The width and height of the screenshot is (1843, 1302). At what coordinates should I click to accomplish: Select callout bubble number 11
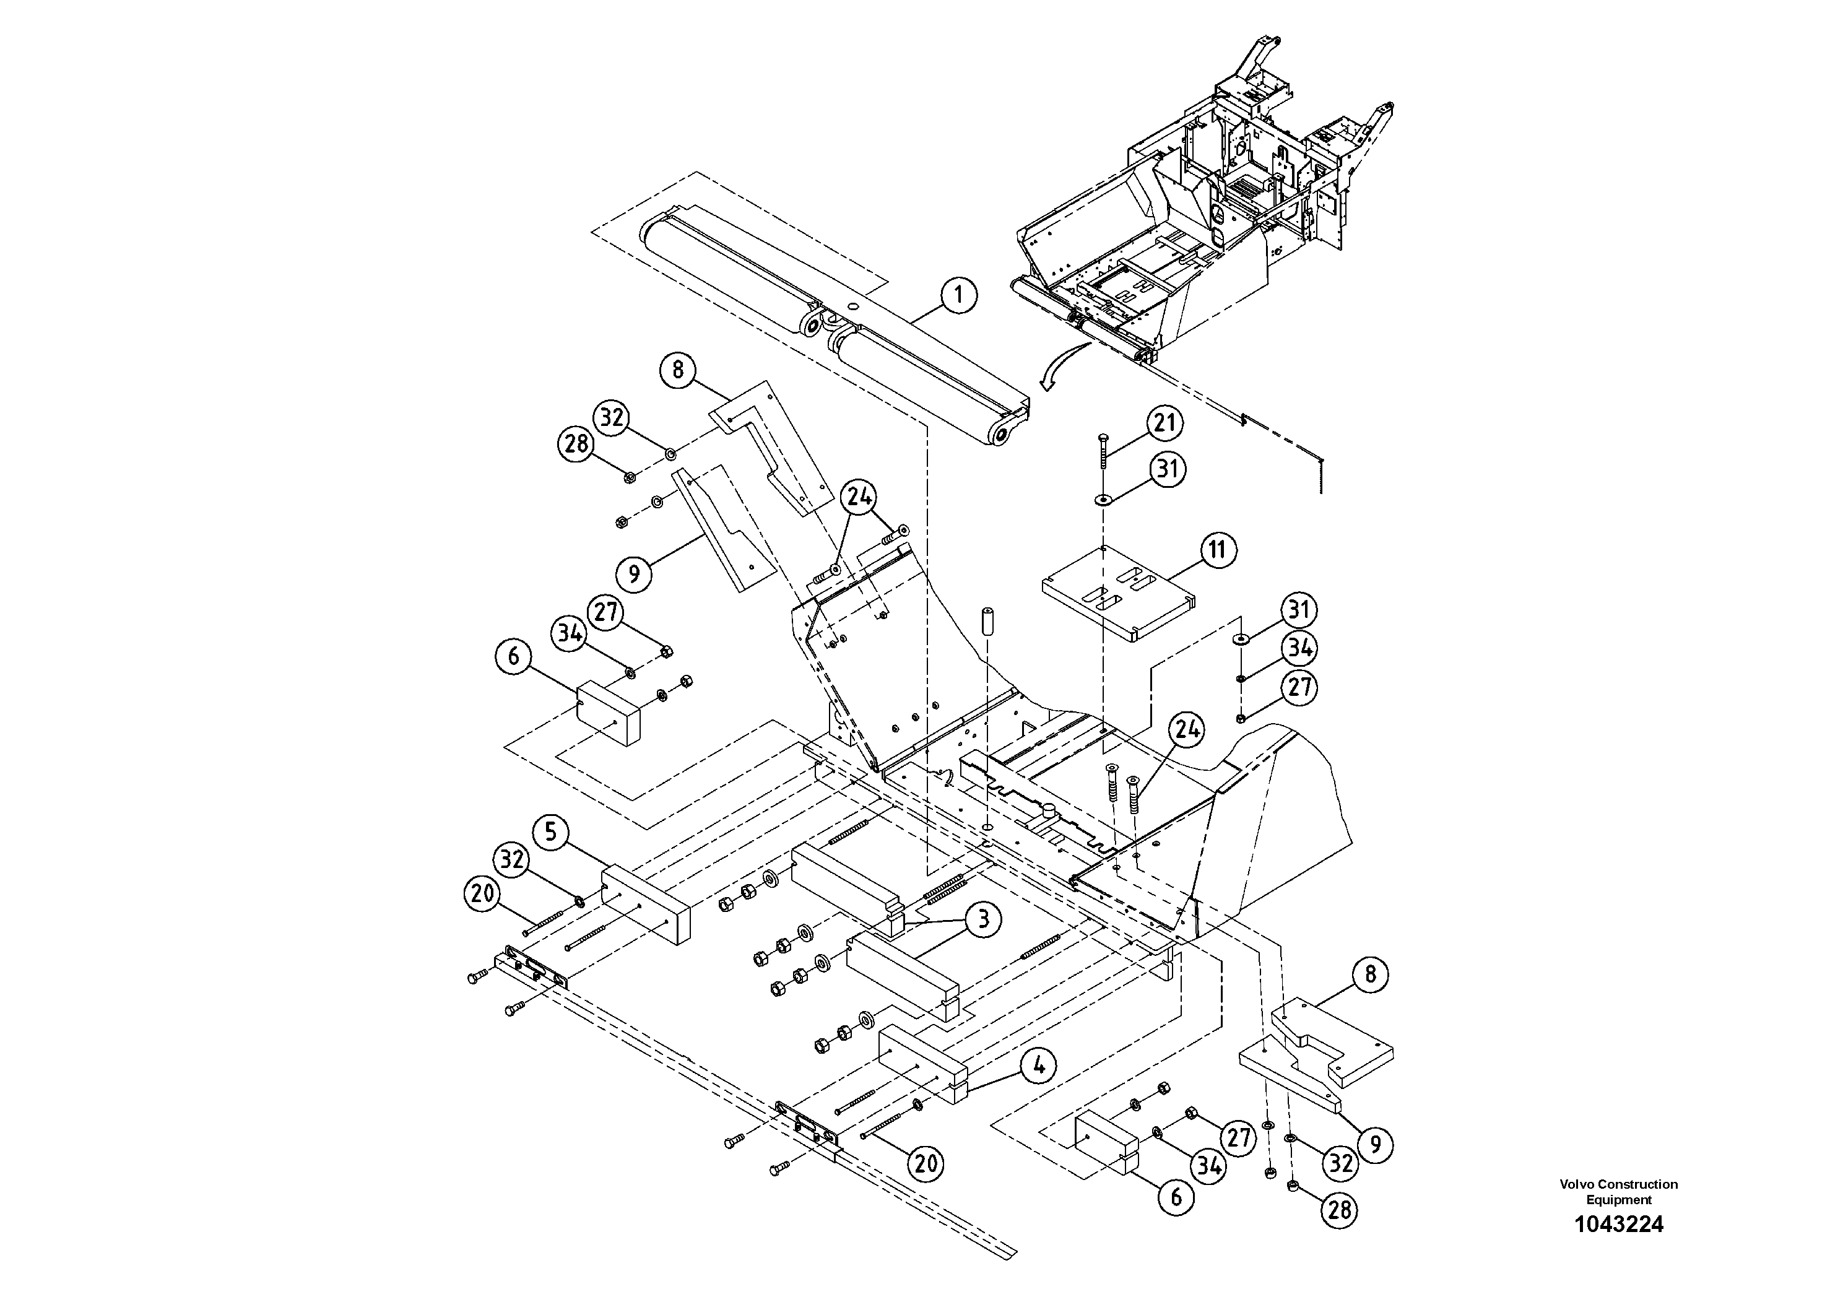tap(1218, 550)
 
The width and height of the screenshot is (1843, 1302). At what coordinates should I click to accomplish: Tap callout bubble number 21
tap(1164, 423)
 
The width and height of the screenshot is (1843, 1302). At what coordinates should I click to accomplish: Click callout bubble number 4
tap(1039, 1066)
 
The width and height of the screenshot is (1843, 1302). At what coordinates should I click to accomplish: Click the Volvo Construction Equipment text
tap(1618, 1191)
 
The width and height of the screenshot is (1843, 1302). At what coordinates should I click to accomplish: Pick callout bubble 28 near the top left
tap(576, 443)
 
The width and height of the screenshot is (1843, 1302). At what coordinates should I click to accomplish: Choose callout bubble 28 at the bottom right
tap(1340, 1209)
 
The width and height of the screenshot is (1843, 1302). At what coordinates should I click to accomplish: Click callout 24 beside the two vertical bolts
tap(1187, 730)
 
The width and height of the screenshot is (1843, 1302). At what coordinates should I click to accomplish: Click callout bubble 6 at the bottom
tap(1176, 1197)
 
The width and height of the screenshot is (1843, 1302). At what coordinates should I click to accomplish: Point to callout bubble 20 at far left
tap(482, 893)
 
